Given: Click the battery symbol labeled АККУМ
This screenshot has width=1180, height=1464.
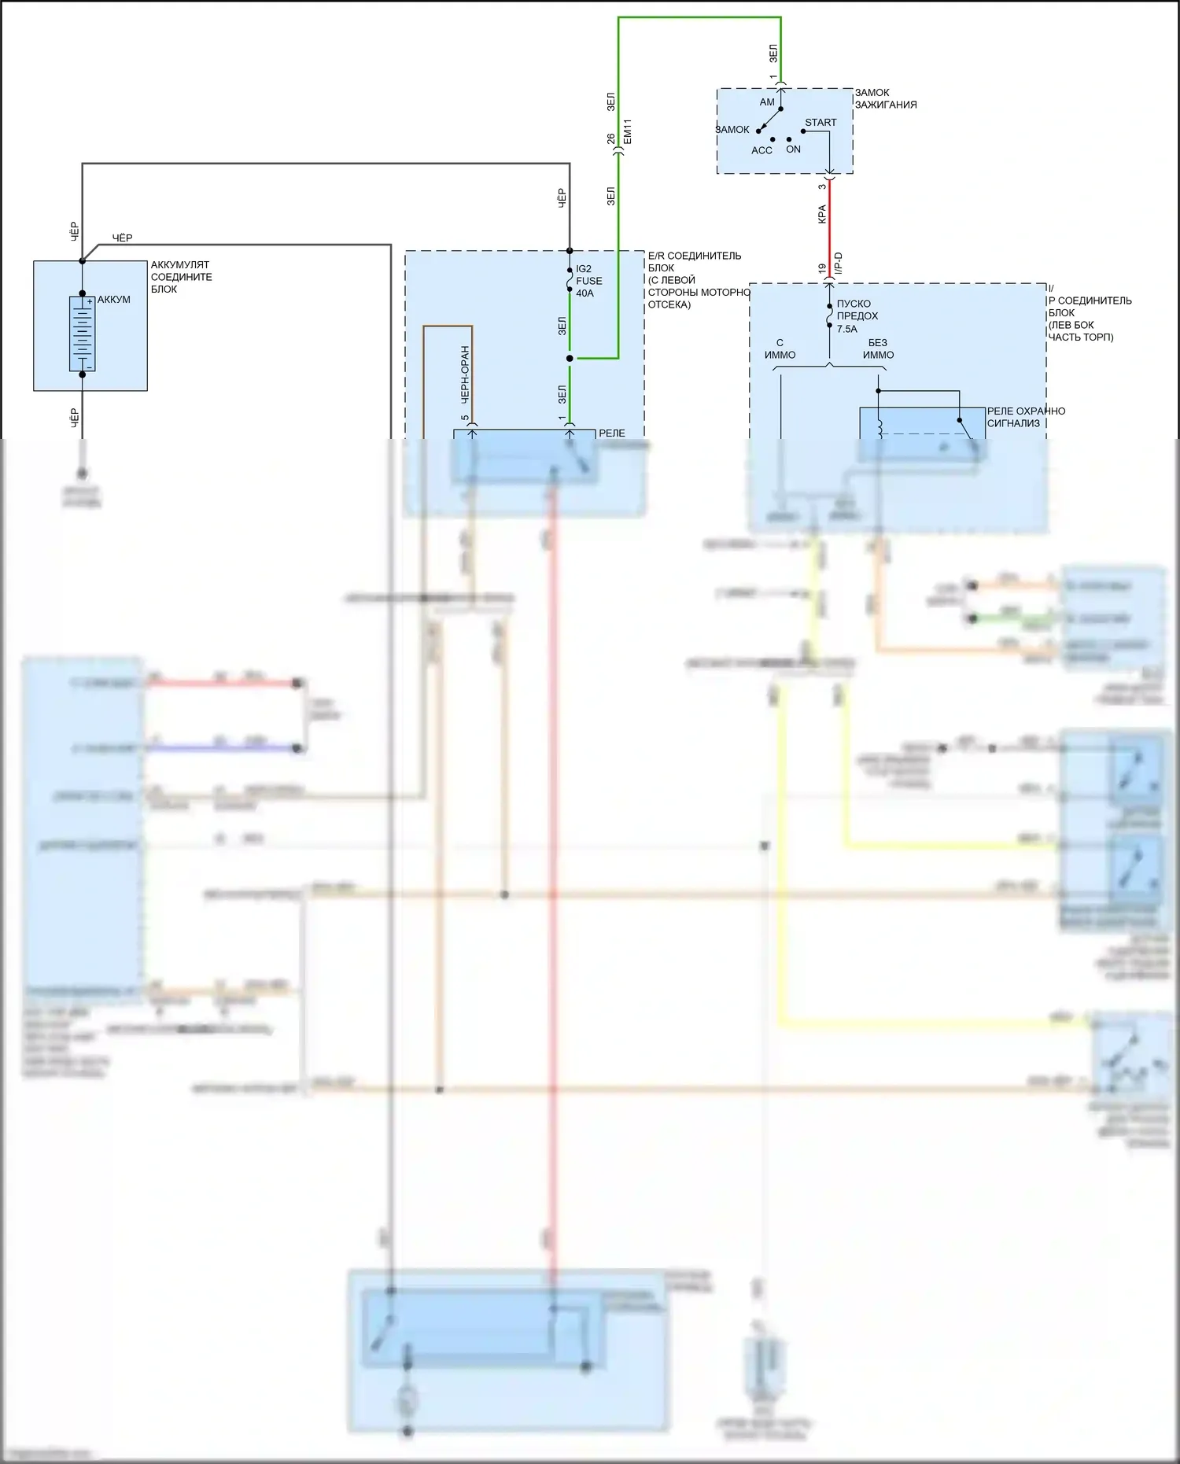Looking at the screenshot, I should [x=82, y=334].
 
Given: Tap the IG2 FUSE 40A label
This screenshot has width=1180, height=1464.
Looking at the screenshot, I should [x=588, y=281].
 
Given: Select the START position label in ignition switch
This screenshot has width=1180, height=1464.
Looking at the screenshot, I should [x=820, y=123].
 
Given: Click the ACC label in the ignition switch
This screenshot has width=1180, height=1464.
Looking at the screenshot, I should [x=761, y=150].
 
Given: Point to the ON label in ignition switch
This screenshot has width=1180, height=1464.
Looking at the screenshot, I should [x=793, y=149].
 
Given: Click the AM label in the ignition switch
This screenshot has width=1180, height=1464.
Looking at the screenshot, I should [x=767, y=102].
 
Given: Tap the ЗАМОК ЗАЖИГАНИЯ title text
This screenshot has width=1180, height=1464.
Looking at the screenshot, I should [x=886, y=98].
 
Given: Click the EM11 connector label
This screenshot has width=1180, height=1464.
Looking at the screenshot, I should [x=627, y=132].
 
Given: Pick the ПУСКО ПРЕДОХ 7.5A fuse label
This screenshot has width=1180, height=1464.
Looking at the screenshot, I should [x=857, y=316].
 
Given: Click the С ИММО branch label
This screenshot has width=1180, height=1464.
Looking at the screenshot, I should [x=780, y=348].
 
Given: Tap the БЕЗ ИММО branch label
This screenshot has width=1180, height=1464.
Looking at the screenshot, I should [x=878, y=348].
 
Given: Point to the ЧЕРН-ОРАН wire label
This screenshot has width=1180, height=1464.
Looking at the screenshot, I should [x=465, y=374].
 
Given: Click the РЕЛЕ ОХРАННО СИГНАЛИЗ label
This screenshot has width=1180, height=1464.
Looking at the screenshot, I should [x=1026, y=417].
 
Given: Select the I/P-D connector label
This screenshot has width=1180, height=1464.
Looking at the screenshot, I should [x=838, y=264].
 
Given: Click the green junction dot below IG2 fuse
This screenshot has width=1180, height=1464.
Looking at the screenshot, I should [x=570, y=359].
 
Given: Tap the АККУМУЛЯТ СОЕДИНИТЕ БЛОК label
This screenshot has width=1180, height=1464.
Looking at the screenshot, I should [x=181, y=277].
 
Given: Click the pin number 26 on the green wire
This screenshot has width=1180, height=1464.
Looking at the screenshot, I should [x=611, y=138].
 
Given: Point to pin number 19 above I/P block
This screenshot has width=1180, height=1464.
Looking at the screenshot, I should [x=822, y=268].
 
